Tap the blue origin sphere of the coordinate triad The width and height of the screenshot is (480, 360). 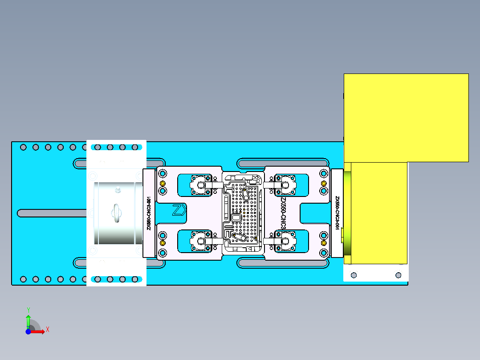(28, 332)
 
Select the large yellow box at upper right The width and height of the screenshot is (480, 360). (406, 117)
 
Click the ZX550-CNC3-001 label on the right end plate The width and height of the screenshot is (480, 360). (337, 213)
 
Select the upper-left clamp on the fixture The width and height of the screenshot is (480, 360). (200, 184)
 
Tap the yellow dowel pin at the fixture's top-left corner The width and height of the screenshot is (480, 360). (163, 184)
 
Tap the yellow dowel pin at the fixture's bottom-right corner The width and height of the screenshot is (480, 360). (324, 243)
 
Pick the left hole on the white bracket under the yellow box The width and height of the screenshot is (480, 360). (354, 275)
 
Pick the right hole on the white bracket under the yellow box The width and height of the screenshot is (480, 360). (399, 275)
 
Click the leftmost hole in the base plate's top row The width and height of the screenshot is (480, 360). (24, 147)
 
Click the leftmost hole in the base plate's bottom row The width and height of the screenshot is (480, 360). (24, 279)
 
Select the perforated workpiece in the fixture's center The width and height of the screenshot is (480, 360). (243, 213)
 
